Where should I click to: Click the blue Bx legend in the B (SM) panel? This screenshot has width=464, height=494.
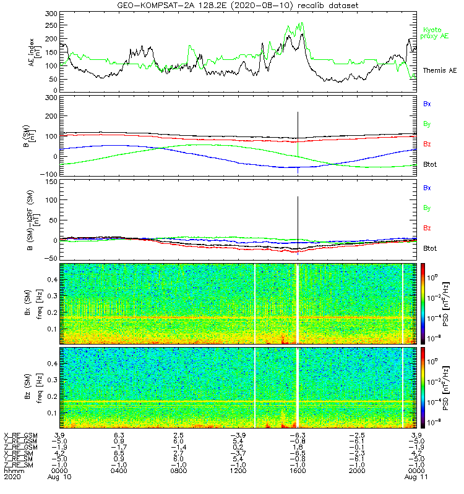(427, 104)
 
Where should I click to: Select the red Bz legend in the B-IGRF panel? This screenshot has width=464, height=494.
(427, 228)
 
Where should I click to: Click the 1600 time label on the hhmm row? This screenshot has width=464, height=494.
(298, 471)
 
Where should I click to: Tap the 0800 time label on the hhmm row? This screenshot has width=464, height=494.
(178, 471)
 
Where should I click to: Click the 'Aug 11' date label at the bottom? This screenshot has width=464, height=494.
(414, 477)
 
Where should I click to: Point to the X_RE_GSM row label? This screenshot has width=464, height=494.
(20, 436)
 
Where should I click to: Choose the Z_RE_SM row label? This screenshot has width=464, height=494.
(20, 464)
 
